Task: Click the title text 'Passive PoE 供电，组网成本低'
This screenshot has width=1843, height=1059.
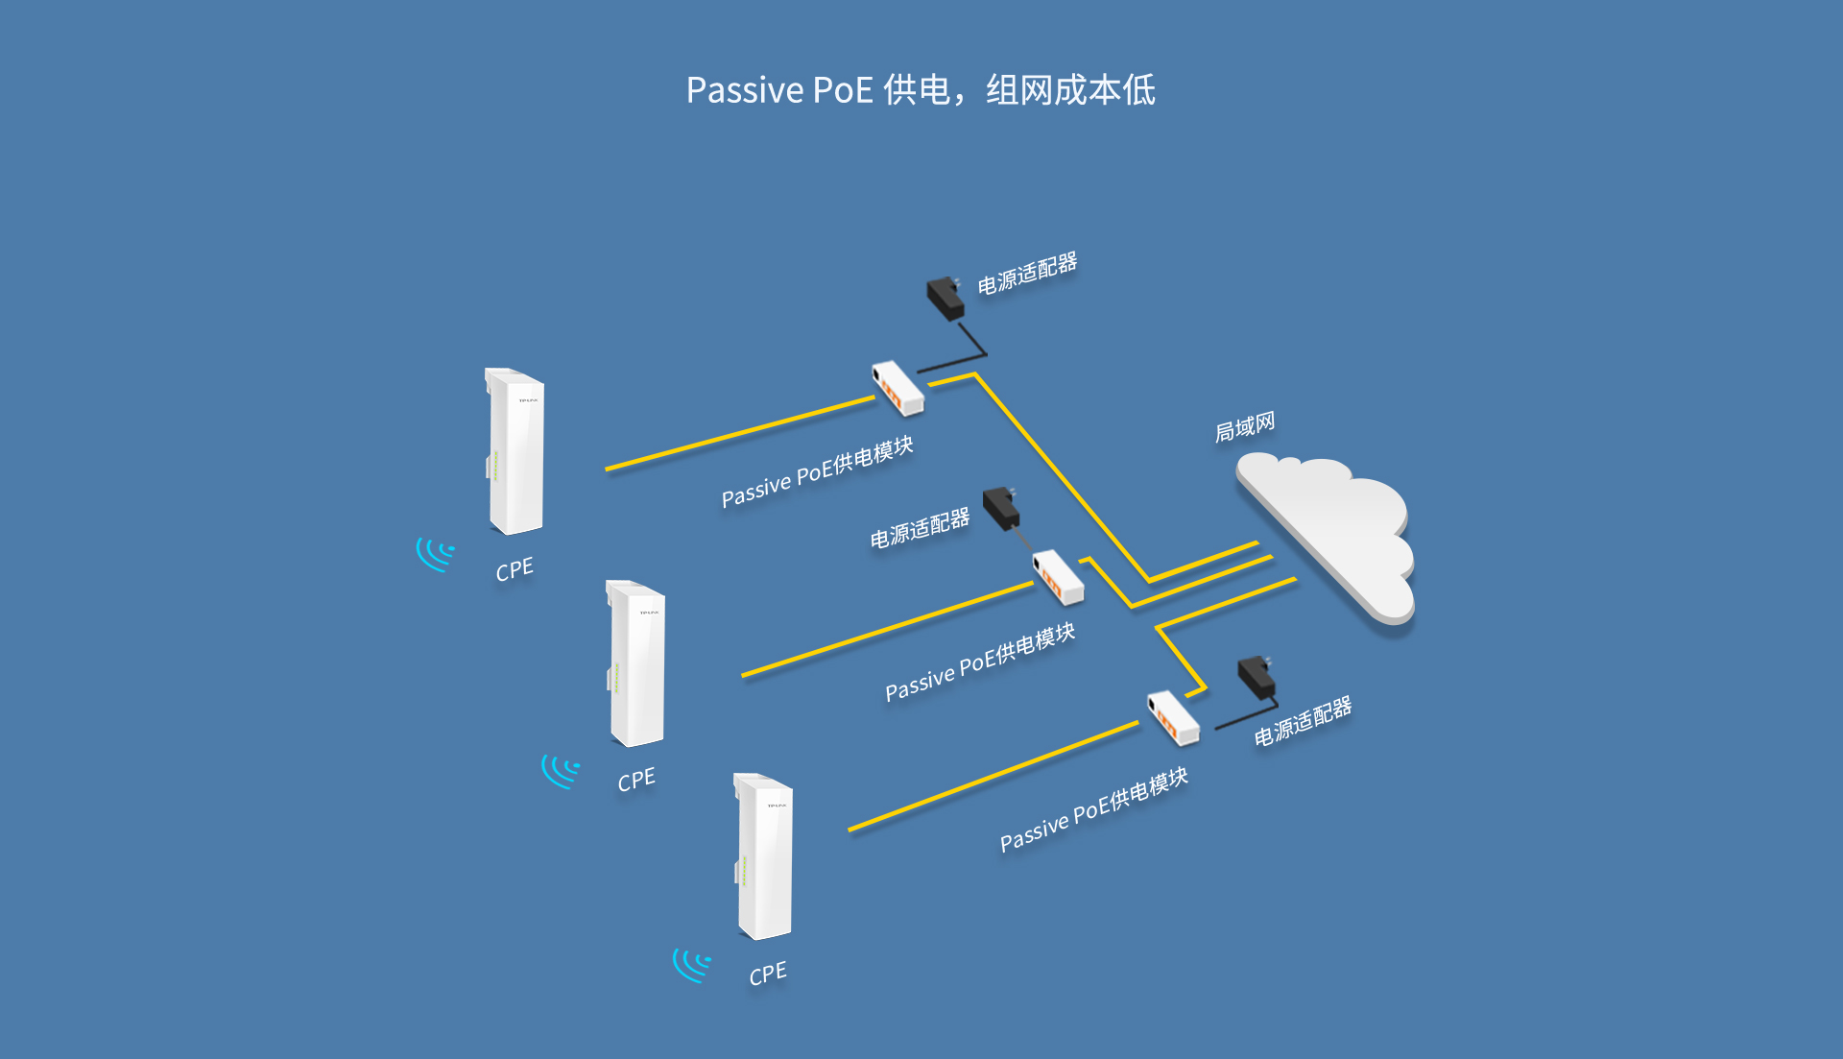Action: [920, 90]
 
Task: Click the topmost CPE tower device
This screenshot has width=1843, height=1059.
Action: [515, 451]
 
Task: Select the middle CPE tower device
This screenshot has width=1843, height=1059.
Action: [636, 663]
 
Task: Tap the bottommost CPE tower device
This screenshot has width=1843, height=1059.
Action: [764, 856]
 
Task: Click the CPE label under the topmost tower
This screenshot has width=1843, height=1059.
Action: [515, 569]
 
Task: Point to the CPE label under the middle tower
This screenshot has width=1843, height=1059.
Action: [636, 780]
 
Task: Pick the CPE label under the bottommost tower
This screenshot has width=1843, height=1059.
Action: [768, 974]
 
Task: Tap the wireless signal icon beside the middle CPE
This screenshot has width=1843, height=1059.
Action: [560, 770]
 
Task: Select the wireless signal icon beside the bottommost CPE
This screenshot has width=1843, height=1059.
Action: [691, 963]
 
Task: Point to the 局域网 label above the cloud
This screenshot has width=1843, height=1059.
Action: [1245, 426]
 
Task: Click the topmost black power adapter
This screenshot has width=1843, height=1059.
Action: [945, 298]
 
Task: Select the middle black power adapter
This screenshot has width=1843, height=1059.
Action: [1001, 507]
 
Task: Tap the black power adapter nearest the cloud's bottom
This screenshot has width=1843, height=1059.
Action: [1257, 677]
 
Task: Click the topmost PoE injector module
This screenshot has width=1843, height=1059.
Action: [898, 387]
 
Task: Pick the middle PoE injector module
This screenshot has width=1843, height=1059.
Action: [1058, 576]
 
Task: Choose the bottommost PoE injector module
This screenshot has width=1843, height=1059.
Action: [1173, 717]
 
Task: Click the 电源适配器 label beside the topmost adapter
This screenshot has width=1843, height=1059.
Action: [1027, 274]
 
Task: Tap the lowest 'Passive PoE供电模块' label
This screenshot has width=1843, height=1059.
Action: [1094, 808]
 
